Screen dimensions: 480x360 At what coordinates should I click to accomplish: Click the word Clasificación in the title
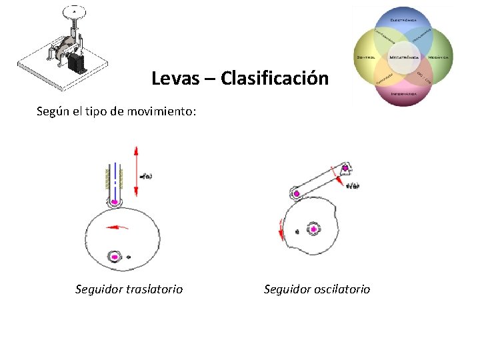point(274,79)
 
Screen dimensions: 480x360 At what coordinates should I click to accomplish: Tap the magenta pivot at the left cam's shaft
point(115,257)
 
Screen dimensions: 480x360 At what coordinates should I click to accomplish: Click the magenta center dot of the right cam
point(313,229)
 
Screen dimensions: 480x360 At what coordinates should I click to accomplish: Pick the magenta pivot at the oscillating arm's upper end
point(345,167)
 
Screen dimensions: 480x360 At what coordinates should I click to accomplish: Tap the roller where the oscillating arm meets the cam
point(296,193)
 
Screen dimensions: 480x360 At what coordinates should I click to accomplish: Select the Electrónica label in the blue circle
point(403,21)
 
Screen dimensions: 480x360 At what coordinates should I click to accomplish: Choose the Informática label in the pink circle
point(403,94)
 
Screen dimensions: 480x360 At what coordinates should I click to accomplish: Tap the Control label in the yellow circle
point(365,57)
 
